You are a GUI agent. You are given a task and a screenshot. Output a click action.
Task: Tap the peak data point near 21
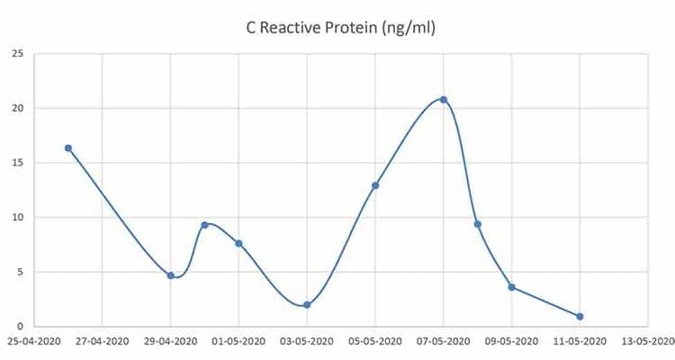444,100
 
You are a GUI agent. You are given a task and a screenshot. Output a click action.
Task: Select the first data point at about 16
67,148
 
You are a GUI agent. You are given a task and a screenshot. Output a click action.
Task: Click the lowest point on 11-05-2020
580,316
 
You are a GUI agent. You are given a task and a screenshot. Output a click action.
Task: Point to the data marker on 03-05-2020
307,305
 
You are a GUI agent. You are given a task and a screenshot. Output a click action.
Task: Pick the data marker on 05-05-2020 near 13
375,185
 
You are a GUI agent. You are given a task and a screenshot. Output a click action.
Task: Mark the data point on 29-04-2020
170,275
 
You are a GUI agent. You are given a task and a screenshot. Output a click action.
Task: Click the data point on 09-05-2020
511,287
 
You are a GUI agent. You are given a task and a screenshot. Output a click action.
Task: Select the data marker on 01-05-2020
238,243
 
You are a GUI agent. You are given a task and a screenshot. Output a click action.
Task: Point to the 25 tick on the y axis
17,54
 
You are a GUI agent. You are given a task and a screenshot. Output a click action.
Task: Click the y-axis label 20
17,109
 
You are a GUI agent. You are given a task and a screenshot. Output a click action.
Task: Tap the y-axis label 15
17,163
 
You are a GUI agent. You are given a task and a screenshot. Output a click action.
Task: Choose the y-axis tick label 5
20,272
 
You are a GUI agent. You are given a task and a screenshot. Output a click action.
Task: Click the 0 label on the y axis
20,327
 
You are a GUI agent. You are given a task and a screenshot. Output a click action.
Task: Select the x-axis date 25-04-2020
33,342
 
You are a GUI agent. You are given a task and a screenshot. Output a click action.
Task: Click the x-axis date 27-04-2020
102,342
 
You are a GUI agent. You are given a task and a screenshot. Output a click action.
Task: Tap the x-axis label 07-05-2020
444,342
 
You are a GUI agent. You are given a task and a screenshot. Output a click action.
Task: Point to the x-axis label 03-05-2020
307,342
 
